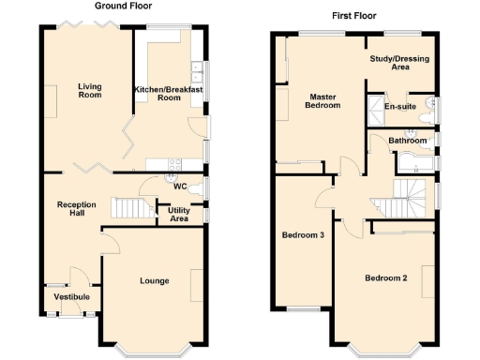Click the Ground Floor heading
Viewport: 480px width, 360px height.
click(118, 6)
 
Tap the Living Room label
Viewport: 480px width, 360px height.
click(89, 91)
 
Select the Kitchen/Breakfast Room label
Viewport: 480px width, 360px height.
click(157, 93)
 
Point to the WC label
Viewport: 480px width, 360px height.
click(179, 186)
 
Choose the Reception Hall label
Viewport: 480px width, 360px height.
click(76, 209)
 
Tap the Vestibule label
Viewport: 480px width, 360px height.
click(71, 297)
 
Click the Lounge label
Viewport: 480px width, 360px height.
click(154, 280)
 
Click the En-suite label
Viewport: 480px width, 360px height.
click(400, 107)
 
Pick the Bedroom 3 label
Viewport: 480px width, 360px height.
click(303, 235)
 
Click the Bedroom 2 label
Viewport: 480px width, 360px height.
click(385, 278)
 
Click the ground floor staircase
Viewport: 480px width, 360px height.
click(130, 207)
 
